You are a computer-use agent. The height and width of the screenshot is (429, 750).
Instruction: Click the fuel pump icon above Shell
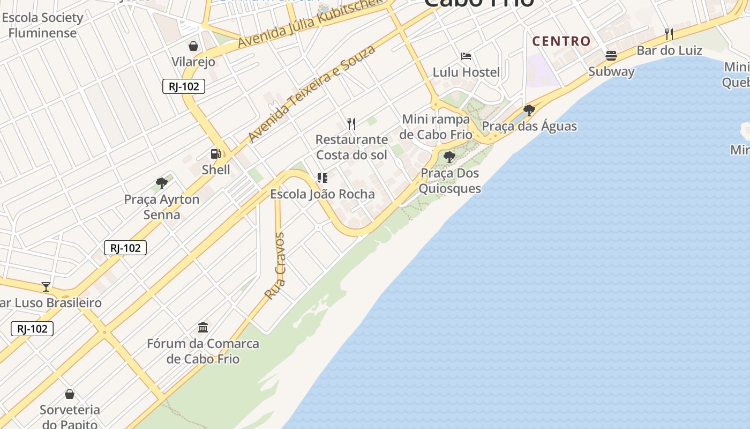(216, 154)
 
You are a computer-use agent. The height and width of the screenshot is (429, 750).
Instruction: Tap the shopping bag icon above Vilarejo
(193, 46)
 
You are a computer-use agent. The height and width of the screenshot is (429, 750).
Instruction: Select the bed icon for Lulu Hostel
(466, 56)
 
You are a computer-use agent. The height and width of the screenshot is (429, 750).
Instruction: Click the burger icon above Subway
(611, 55)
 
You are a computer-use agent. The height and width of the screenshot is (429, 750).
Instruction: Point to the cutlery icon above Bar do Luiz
(669, 34)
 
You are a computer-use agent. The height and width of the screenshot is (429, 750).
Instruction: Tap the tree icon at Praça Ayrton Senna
(162, 183)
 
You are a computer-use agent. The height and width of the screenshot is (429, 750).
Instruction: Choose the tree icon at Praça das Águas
(529, 110)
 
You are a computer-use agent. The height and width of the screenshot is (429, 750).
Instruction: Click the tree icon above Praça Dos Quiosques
(449, 157)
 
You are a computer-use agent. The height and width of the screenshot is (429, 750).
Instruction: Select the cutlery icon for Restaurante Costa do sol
(351, 124)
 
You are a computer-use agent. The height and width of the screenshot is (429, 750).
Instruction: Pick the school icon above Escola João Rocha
(322, 178)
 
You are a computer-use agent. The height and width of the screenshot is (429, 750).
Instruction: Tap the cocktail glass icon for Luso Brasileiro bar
(46, 287)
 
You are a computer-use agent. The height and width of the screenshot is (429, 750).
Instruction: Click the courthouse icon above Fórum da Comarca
(203, 327)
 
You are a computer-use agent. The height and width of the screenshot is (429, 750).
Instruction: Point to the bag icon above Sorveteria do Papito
(70, 395)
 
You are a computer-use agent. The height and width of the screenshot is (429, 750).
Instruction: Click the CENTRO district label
(561, 41)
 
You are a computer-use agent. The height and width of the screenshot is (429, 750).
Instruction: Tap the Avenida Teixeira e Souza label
(312, 94)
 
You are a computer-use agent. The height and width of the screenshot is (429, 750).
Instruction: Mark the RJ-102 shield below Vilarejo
(184, 86)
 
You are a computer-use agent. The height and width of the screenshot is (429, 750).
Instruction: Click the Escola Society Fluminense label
(43, 25)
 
